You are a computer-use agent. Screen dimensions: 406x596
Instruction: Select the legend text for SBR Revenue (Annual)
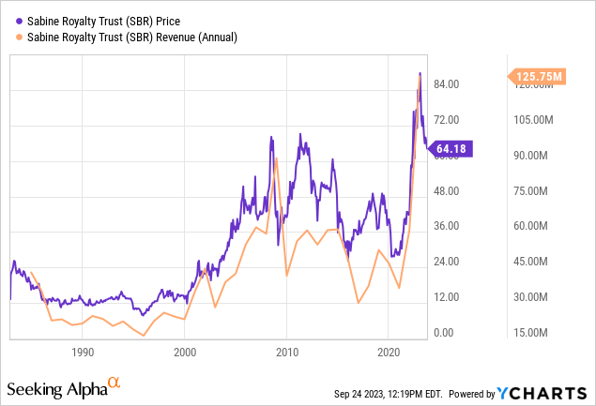[x=128, y=38]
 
